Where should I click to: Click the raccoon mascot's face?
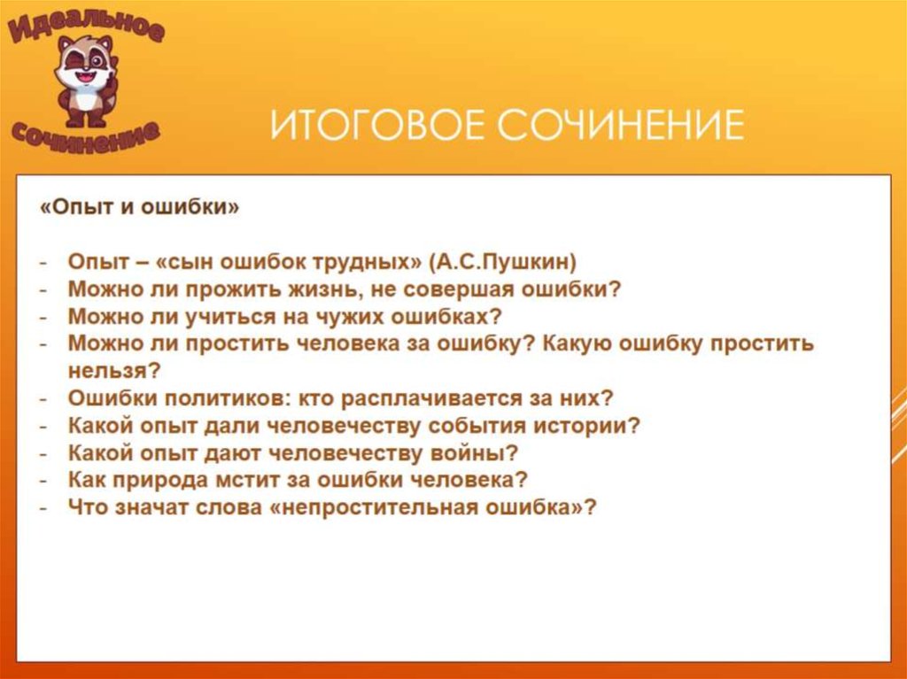(86, 64)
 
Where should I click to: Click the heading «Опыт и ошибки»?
(139, 207)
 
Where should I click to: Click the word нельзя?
(113, 371)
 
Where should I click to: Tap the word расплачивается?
(432, 397)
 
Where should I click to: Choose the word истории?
(586, 426)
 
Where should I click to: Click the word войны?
(475, 453)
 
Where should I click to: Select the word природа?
(159, 480)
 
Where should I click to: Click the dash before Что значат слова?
(43, 508)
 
